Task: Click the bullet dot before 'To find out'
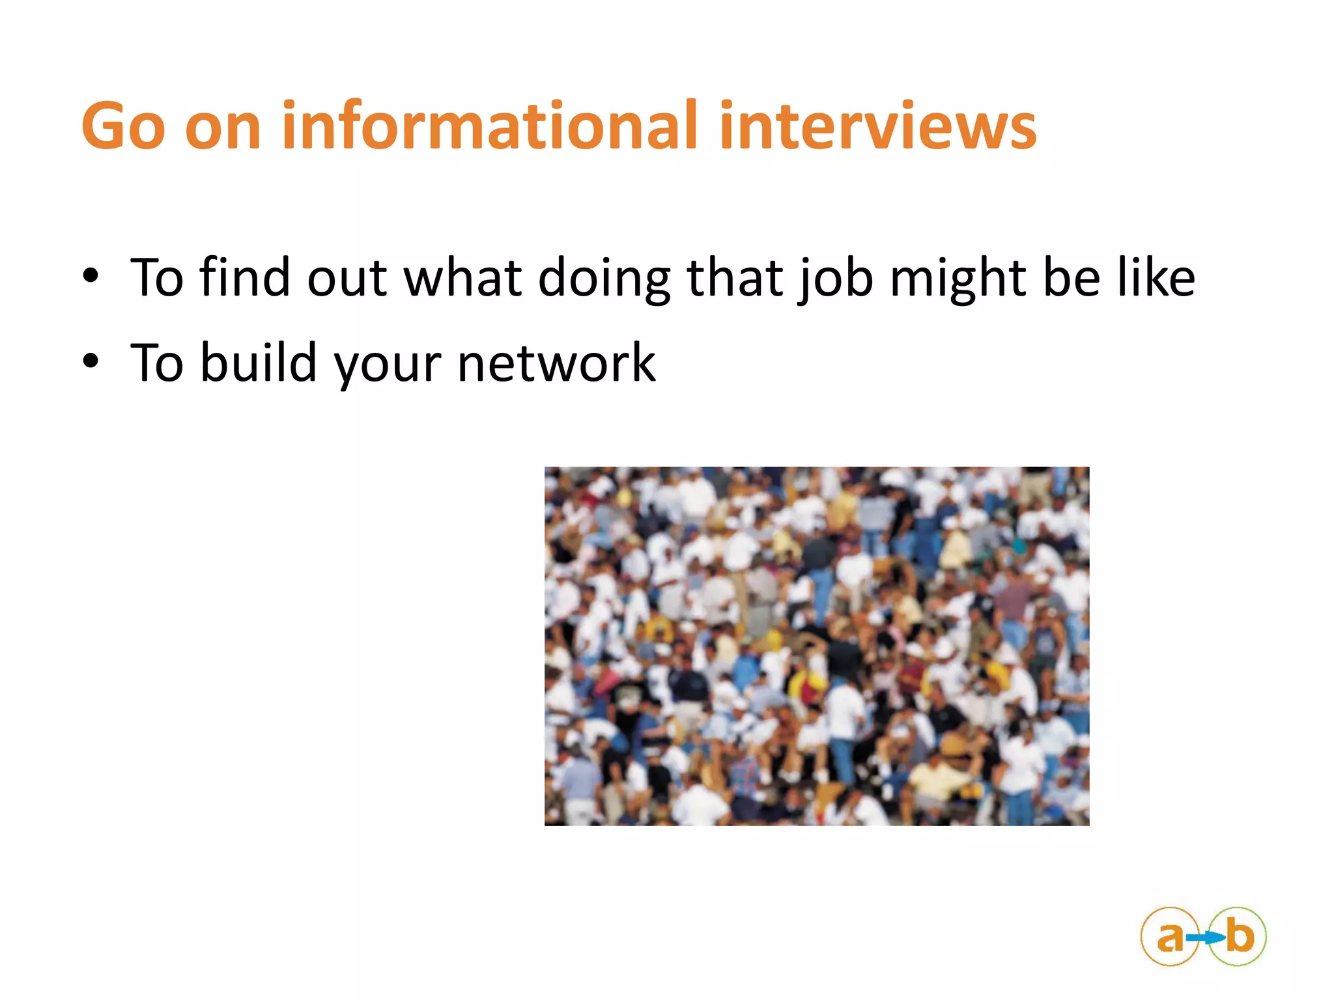pyautogui.click(x=91, y=276)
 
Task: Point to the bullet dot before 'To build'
pyautogui.click(x=91, y=361)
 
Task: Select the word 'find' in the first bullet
pyautogui.click(x=244, y=277)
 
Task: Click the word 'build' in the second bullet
pyautogui.click(x=258, y=362)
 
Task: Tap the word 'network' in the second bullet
pyautogui.click(x=556, y=363)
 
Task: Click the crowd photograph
pyautogui.click(x=816, y=646)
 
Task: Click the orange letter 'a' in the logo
pyautogui.click(x=1170, y=937)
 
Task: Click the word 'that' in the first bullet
pyautogui.click(x=735, y=277)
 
